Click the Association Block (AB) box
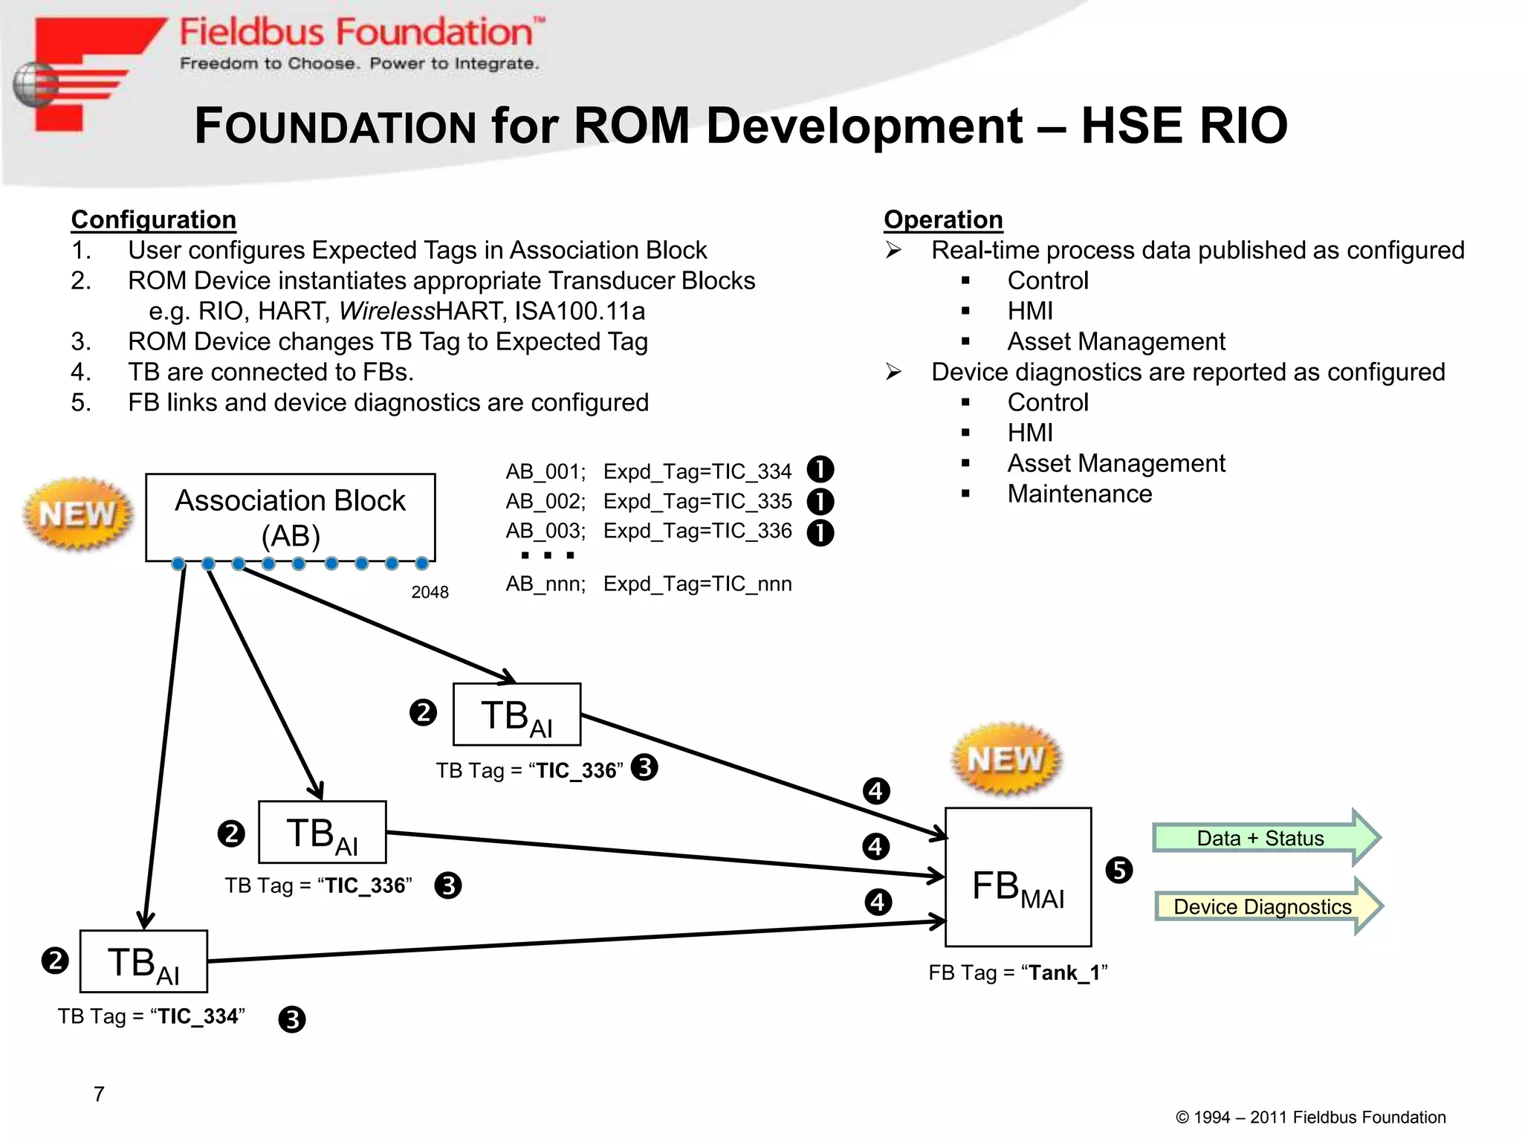pyautogui.click(x=290, y=517)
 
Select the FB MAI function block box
pyautogui.click(x=1017, y=877)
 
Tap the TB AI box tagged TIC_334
pyautogui.click(x=143, y=961)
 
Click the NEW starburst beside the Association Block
pyautogui.click(x=78, y=514)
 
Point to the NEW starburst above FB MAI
pyautogui.click(x=1006, y=759)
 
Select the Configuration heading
pyautogui.click(x=154, y=219)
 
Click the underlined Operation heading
pyautogui.click(x=943, y=219)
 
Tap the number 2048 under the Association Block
pyautogui.click(x=430, y=593)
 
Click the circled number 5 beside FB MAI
pyautogui.click(x=1118, y=870)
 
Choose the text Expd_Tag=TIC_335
pyautogui.click(x=697, y=501)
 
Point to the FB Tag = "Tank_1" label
pyautogui.click(x=1017, y=972)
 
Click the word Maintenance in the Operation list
pyautogui.click(x=1079, y=494)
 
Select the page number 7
pyautogui.click(x=99, y=1094)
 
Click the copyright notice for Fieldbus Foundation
pyautogui.click(x=1310, y=1117)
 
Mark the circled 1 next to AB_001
pyautogui.click(x=820, y=470)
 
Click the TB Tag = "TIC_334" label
pyautogui.click(x=152, y=1016)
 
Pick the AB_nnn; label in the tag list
pyautogui.click(x=545, y=584)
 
